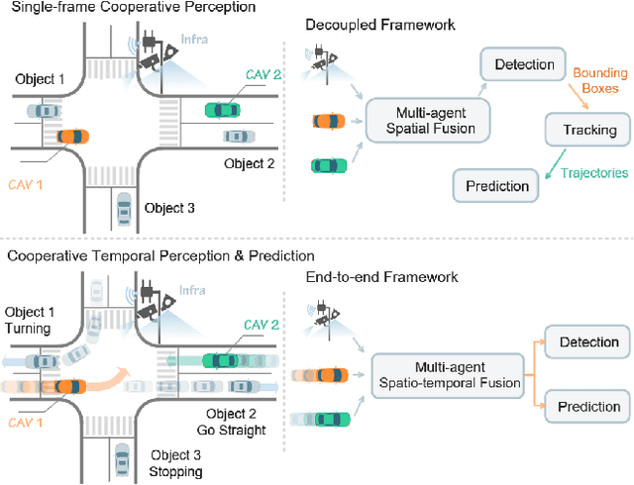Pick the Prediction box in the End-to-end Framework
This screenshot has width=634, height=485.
point(589,406)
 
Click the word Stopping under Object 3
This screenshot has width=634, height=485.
point(175,471)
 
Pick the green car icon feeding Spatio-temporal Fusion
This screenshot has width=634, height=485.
point(329,420)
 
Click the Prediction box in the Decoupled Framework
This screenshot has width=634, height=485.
point(492,185)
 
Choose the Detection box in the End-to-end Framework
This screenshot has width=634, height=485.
point(589,342)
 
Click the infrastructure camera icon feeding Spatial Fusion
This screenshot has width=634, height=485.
point(323,60)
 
